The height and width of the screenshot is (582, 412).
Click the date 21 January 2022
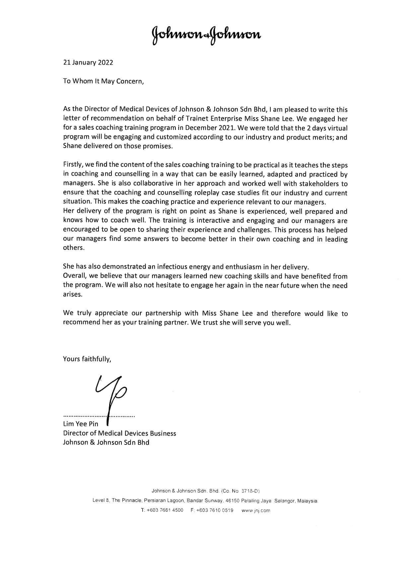[88, 62]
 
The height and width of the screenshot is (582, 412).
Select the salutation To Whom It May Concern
[103, 81]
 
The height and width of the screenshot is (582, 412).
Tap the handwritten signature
[111, 394]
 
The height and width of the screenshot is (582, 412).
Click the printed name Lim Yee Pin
[81, 424]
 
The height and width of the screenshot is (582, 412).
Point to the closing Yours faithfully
[87, 359]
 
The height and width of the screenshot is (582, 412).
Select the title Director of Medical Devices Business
[119, 433]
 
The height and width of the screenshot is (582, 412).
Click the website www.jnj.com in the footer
[256, 510]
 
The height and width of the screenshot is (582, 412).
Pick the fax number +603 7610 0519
[215, 510]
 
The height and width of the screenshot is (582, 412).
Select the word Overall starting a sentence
[75, 276]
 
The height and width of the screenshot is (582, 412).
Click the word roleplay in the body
[208, 193]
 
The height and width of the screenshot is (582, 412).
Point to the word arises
[72, 294]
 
